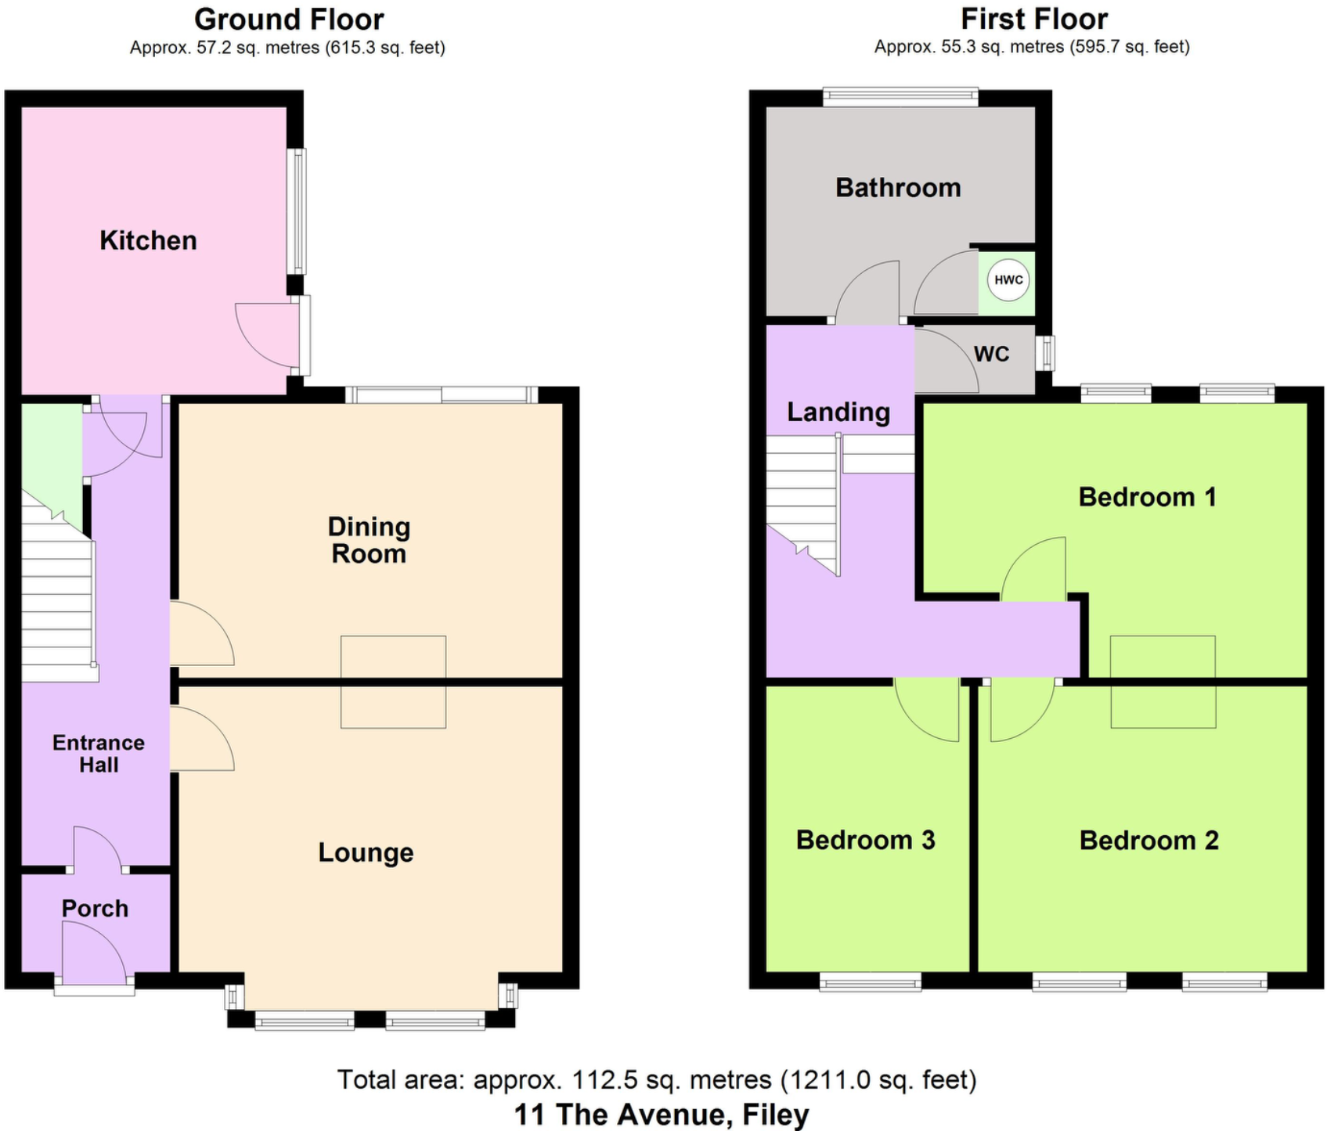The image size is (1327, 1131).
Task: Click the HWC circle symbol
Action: (x=1008, y=280)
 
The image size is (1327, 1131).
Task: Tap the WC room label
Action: (x=991, y=354)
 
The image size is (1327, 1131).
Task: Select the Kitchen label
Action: (x=148, y=240)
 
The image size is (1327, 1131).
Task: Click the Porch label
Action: (x=95, y=909)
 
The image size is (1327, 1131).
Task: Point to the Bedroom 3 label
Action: (x=865, y=840)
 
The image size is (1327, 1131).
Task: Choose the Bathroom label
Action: (x=898, y=188)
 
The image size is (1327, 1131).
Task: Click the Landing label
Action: (x=838, y=412)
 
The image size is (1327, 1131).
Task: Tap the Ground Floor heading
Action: (x=289, y=19)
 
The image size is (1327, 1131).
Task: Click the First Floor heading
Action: (x=1033, y=19)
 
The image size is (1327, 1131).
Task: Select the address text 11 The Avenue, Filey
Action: (x=662, y=1114)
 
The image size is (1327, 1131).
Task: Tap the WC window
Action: (x=1045, y=353)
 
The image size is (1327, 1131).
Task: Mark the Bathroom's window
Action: (x=900, y=97)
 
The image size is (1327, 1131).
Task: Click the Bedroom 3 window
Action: (x=870, y=982)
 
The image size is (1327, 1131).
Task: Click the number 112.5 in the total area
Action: (x=600, y=1080)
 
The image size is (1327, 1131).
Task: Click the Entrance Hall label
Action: (x=99, y=754)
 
